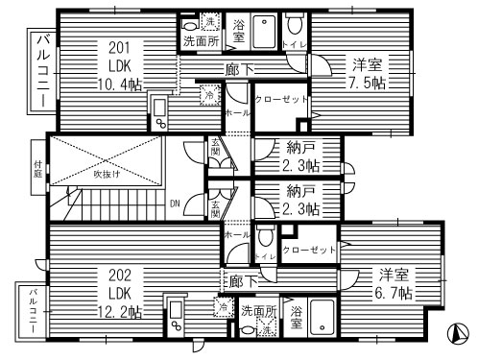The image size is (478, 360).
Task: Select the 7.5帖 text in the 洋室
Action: (367, 84)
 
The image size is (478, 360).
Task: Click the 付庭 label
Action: (37, 168)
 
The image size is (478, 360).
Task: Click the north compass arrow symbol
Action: (459, 336)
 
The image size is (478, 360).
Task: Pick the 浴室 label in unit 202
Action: (297, 318)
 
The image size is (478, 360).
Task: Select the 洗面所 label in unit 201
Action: (200, 43)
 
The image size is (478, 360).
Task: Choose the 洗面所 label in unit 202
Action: (257, 311)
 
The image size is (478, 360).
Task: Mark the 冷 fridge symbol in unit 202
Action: (222, 307)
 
